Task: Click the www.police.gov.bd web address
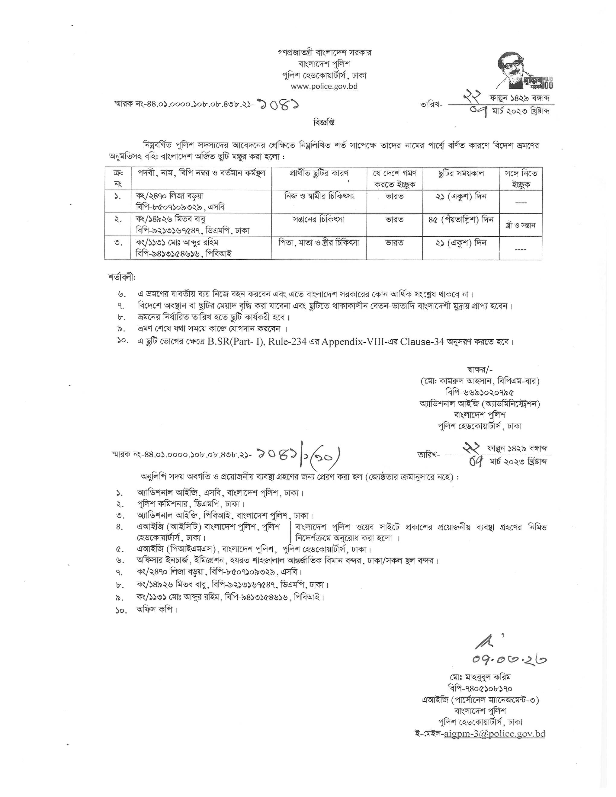coord(324,86)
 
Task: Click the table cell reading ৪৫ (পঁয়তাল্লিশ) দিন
coord(461,220)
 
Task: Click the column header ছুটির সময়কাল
coord(461,173)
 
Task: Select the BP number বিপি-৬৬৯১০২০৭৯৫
coord(480,392)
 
